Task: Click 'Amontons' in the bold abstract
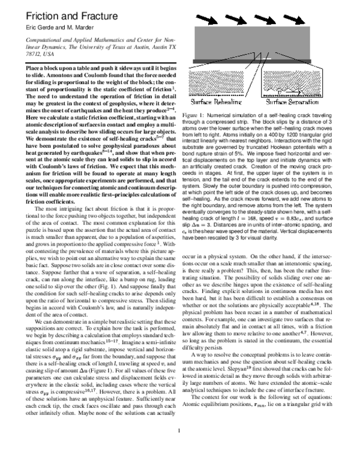coord(66,75)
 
